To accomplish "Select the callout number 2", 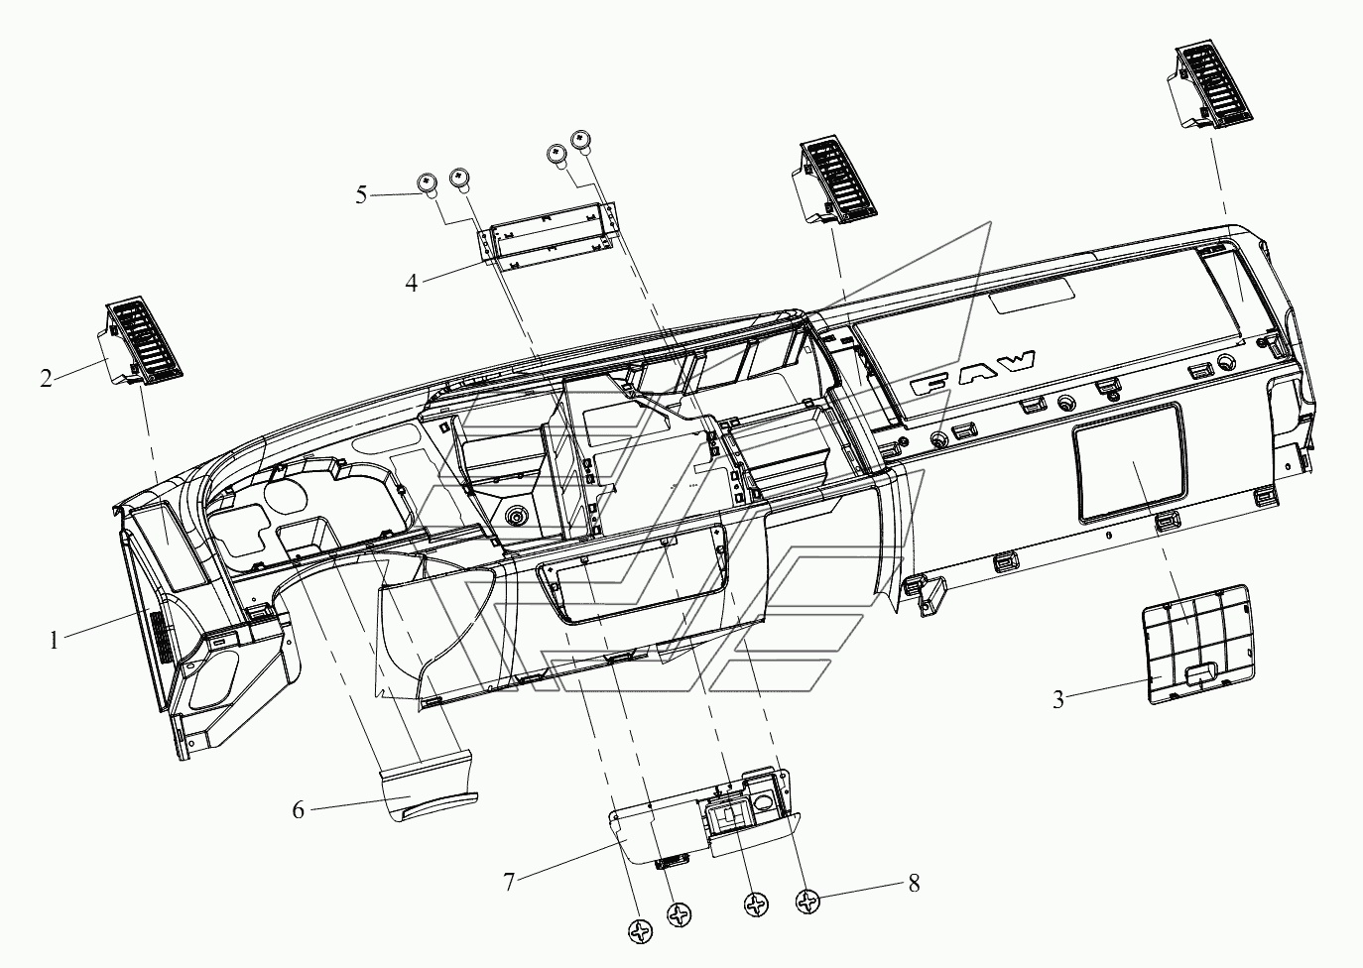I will (46, 379).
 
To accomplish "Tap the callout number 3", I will (1058, 700).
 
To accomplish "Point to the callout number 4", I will (411, 283).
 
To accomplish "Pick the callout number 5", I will (362, 195).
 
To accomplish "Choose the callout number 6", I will (297, 810).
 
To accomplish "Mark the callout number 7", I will (509, 881).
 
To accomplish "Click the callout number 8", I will (913, 883).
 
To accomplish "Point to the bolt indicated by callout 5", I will (427, 183).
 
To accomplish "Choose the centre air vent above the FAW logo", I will (836, 181).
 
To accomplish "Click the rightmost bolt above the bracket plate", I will (580, 139).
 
